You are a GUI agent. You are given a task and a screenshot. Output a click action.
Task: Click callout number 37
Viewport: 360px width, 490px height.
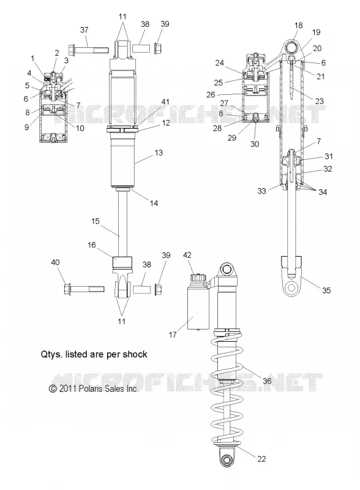coord(84,30)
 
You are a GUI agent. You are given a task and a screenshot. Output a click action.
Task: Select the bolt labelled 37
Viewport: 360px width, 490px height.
coord(88,50)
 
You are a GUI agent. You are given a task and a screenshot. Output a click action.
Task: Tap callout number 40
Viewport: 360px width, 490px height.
coord(55,263)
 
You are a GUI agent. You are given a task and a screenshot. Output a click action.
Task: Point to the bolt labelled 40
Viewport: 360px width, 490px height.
coord(84,288)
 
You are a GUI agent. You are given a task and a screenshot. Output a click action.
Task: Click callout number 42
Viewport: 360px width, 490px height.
coord(187,255)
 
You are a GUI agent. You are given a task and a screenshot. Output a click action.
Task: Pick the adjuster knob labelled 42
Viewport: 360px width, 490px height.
coord(198,277)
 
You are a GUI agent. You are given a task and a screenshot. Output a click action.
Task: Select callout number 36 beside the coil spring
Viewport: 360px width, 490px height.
coord(267,381)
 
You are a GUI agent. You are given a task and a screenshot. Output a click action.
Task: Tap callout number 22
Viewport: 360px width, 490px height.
coord(261,459)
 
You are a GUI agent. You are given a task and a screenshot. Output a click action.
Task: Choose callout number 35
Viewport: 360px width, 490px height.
coord(326,290)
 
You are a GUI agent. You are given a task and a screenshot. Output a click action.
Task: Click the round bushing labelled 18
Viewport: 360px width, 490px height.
coord(293,48)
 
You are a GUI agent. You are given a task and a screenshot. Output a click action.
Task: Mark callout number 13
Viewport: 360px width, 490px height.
coord(159,153)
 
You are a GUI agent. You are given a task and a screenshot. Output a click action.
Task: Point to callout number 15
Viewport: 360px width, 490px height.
coord(96,221)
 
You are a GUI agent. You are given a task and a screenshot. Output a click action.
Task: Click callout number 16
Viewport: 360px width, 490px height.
coord(92,245)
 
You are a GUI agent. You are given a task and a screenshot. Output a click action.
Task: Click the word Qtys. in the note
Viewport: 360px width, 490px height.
coord(50,355)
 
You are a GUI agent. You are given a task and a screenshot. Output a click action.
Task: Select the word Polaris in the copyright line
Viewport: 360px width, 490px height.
coord(88,388)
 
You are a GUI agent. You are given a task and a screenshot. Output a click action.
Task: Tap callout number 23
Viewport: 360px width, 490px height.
coord(320,101)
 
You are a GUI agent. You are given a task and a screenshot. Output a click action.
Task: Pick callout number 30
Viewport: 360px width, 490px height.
coord(255,144)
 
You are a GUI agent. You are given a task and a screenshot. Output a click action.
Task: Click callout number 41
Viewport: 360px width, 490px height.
coord(165,102)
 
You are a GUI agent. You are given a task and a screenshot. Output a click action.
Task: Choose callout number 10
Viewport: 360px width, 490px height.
coord(80,128)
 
